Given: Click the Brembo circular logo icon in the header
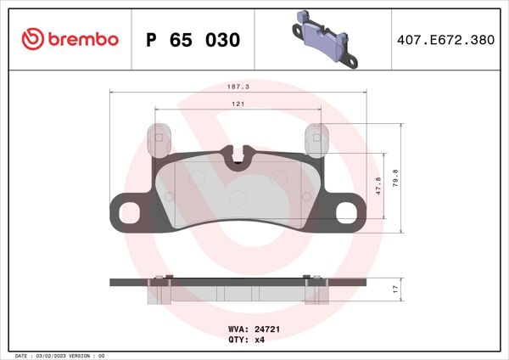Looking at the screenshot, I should click(x=32, y=40).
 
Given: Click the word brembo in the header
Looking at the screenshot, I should click(x=81, y=40).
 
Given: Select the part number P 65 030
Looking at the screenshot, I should click(x=193, y=40).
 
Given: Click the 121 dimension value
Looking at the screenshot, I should click(x=239, y=104).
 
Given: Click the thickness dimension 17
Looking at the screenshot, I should click(x=394, y=290).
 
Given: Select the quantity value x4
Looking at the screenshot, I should click(x=260, y=339).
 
